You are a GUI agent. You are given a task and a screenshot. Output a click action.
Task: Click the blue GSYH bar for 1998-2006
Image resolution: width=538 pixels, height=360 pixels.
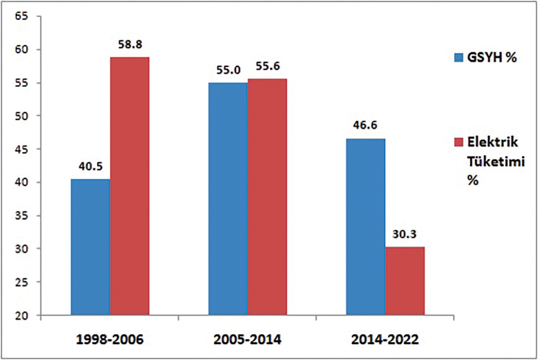click(x=91, y=247)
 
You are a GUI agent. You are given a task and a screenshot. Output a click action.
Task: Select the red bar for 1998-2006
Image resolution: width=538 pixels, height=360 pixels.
click(x=130, y=186)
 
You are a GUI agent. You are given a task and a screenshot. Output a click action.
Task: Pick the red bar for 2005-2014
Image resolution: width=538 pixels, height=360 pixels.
click(x=267, y=197)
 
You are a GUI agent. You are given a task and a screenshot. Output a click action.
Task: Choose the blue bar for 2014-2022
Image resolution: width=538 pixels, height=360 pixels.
click(x=365, y=226)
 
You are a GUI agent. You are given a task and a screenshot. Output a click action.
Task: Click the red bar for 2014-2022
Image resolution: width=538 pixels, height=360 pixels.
click(x=405, y=281)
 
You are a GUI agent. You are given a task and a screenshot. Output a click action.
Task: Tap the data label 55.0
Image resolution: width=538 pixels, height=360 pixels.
click(x=227, y=70)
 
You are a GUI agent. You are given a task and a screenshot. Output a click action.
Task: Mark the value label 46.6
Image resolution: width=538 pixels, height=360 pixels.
click(x=365, y=127)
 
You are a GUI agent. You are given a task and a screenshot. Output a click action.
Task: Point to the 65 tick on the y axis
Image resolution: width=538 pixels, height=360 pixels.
click(x=22, y=17)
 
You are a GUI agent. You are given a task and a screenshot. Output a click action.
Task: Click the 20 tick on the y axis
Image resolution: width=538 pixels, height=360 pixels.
click(x=22, y=316)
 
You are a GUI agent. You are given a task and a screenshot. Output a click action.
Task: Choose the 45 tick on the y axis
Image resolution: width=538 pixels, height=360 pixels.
click(x=22, y=150)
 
